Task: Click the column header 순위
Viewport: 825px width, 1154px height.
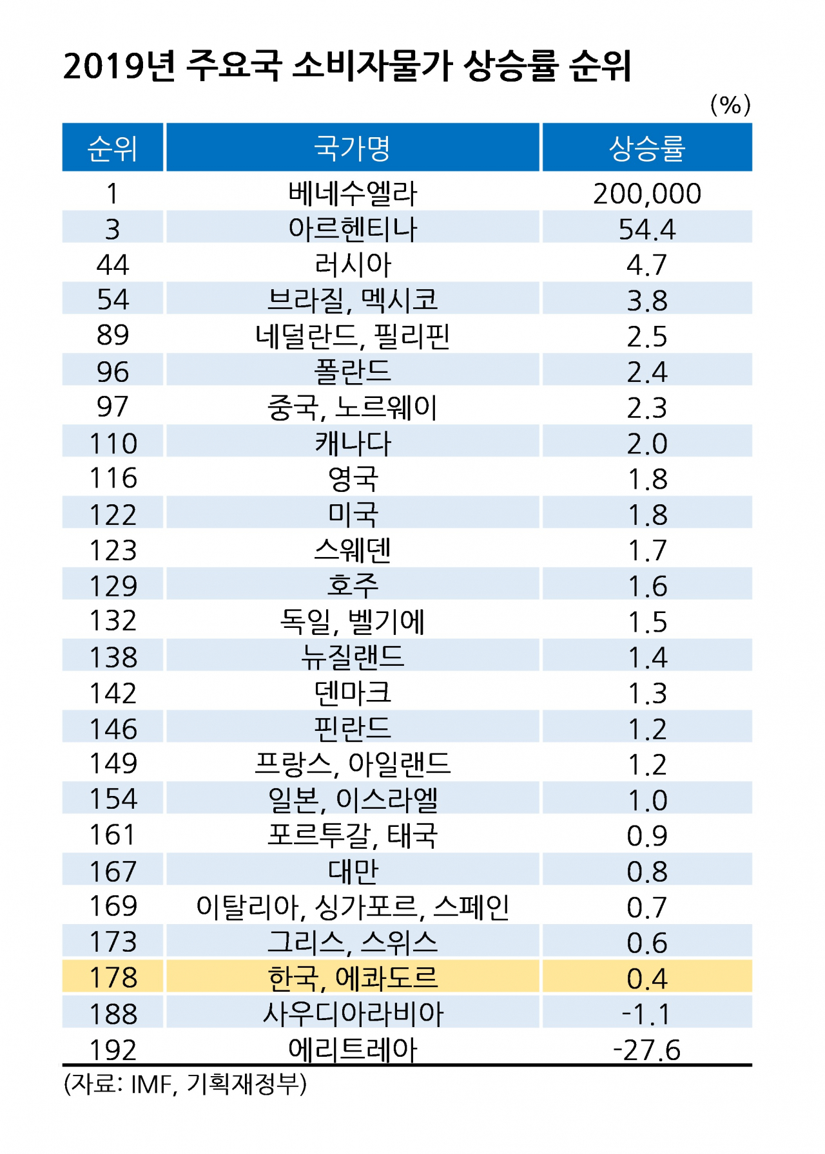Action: point(112,148)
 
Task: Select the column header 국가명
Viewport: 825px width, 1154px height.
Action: point(352,148)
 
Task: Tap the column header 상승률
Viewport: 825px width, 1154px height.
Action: point(646,148)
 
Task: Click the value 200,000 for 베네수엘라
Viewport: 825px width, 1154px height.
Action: point(646,194)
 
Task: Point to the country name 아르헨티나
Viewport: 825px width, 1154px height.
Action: point(352,229)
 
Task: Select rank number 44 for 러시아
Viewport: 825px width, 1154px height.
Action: point(112,265)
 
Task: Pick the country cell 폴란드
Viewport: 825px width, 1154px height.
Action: point(352,372)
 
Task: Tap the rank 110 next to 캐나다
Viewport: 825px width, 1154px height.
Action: point(112,443)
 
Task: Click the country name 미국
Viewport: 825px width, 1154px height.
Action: point(352,515)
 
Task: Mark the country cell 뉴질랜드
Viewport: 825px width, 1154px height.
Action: point(352,657)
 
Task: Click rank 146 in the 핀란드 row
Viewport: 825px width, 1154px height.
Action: point(112,728)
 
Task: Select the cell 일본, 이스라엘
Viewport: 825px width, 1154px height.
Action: point(352,800)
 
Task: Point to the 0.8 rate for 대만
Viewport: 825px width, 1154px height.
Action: point(646,871)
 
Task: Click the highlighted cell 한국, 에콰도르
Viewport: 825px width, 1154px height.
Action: point(352,978)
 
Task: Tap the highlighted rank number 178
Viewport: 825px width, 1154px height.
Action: point(112,978)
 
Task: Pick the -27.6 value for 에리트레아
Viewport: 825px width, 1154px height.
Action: point(646,1050)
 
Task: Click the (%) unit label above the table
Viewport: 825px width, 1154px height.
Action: point(730,104)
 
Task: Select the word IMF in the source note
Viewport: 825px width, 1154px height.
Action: point(151,1084)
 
